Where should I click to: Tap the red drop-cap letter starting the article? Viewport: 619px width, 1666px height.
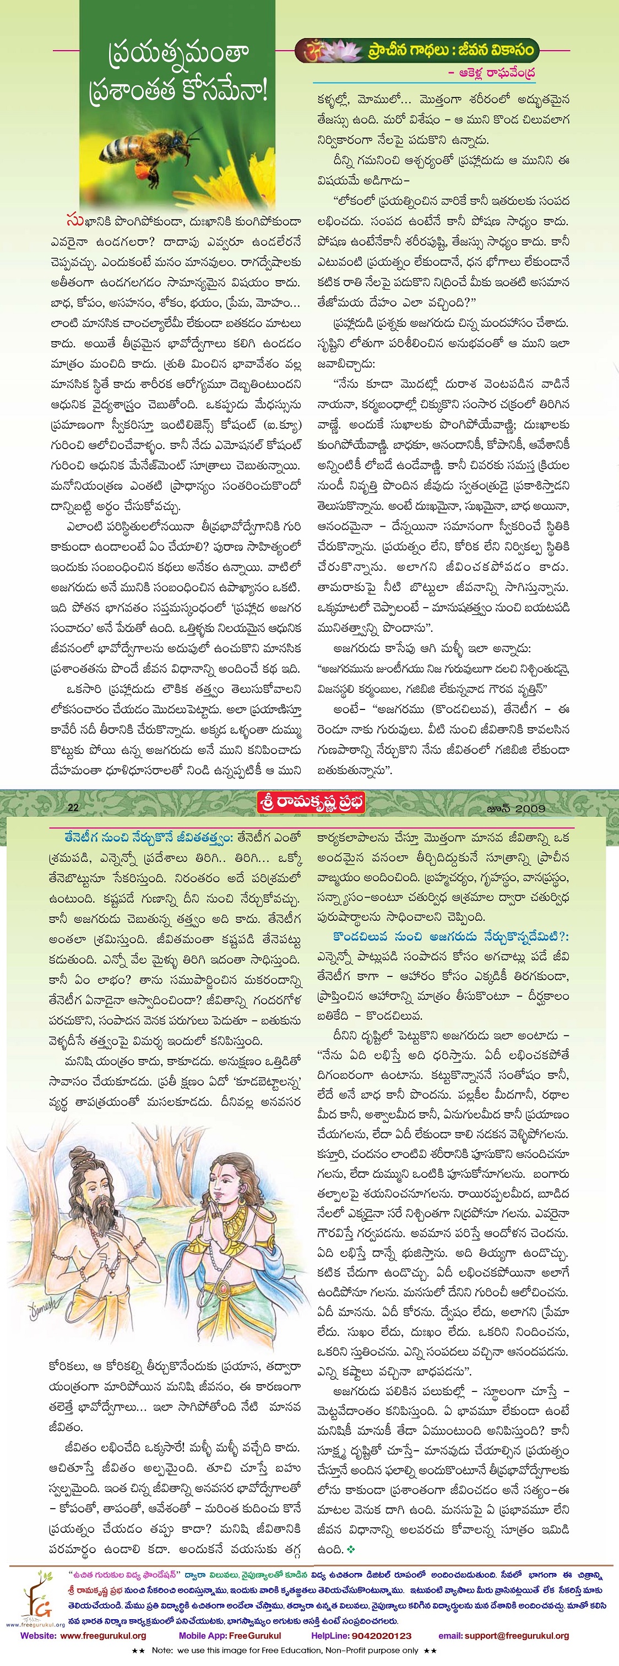[75, 221]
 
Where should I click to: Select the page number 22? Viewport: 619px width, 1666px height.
[73, 807]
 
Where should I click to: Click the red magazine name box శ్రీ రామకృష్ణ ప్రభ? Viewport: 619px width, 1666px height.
[311, 802]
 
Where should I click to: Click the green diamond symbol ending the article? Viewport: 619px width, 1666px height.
[351, 1549]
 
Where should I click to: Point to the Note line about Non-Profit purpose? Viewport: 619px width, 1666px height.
[285, 1650]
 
